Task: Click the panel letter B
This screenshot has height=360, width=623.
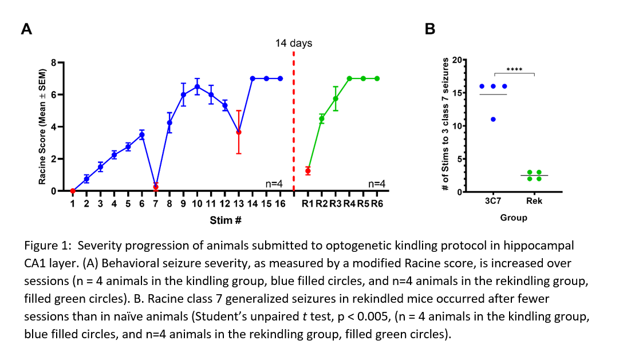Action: point(430,29)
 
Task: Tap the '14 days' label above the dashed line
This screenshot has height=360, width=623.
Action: point(294,43)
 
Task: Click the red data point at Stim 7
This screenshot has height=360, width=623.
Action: point(156,187)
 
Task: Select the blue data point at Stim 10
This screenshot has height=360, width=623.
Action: point(197,87)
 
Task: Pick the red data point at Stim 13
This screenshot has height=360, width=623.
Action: point(239,132)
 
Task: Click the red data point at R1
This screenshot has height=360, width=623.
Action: point(308,171)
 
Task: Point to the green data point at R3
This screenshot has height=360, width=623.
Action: point(336,98)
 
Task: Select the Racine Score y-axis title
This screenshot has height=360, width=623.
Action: point(42,127)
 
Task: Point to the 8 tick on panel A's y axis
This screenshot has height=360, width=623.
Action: point(55,62)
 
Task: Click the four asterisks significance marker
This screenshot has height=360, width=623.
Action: point(514,70)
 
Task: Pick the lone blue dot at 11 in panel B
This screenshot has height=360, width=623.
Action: point(493,119)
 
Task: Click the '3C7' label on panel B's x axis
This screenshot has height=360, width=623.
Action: point(493,202)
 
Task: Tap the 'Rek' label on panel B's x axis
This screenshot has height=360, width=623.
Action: point(534,202)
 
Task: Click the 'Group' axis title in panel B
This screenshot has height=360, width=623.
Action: point(513,217)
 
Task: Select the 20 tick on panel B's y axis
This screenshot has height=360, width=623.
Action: point(456,60)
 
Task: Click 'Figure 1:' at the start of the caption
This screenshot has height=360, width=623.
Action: point(48,246)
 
